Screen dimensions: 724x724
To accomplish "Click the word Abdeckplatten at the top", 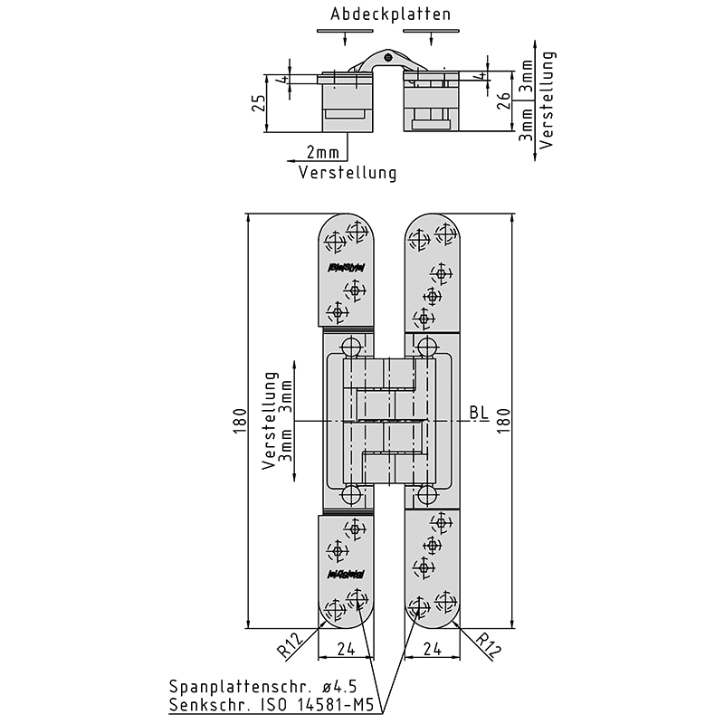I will pyautogui.click(x=390, y=14).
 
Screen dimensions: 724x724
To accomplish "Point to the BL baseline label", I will pyautogui.click(x=479, y=414).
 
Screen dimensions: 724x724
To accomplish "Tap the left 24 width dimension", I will pyautogui.click(x=345, y=648).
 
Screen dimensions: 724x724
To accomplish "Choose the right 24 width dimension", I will pyautogui.click(x=432, y=648).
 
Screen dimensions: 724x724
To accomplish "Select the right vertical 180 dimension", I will pyautogui.click(x=504, y=421).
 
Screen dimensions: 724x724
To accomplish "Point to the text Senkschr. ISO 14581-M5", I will pyautogui.click(x=271, y=705).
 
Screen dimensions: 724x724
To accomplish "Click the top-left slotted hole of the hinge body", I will pyautogui.click(x=352, y=346).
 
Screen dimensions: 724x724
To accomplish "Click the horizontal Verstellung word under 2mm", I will pyautogui.click(x=348, y=173).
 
